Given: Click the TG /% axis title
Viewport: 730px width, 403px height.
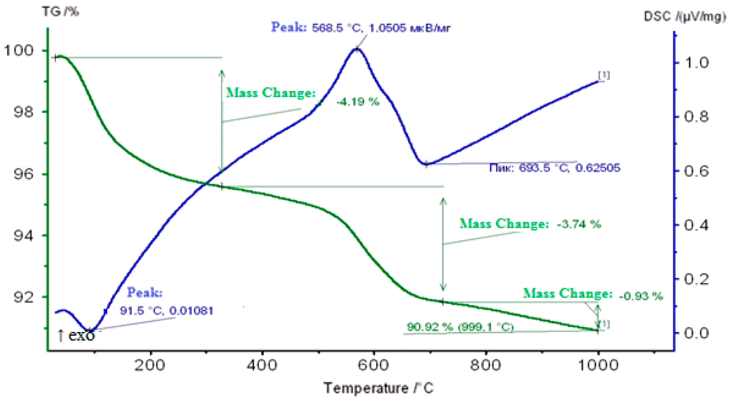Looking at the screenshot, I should (61, 12).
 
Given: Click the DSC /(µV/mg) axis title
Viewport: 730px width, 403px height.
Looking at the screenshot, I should (685, 16).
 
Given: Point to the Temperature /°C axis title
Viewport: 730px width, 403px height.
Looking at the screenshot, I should (378, 388).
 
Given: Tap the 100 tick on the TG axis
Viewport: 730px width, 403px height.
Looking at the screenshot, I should (19, 51).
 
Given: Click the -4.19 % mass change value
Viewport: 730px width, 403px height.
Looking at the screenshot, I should (358, 102).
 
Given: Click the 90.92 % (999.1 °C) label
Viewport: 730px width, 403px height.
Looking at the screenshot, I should (460, 327).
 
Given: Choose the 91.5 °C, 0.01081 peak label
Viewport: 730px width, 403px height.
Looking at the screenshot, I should (166, 311).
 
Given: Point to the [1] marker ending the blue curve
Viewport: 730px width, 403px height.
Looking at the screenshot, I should (604, 76).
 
